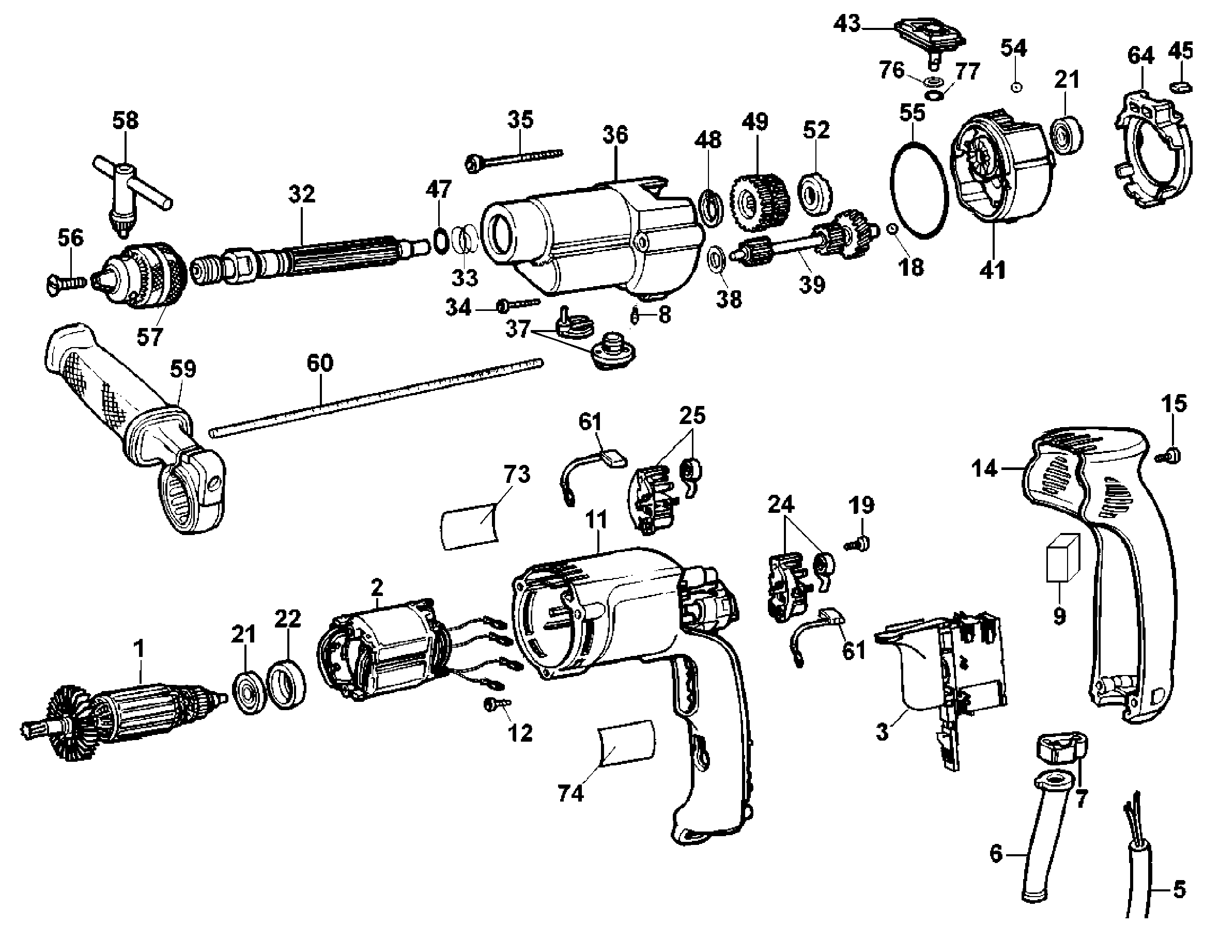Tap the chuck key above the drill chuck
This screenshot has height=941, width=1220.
(x=132, y=194)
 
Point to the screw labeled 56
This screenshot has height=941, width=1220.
(x=65, y=282)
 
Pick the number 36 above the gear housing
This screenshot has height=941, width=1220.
(x=615, y=135)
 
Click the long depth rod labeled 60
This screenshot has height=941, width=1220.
(x=376, y=397)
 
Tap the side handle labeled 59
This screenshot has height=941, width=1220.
(x=135, y=427)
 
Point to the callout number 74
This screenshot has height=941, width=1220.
(x=570, y=793)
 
